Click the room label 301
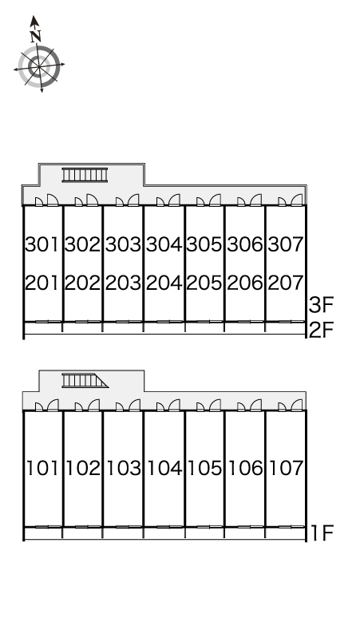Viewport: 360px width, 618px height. pyautogui.click(x=42, y=244)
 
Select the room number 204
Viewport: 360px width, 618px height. pyautogui.click(x=164, y=283)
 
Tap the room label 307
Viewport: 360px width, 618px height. pyautogui.click(x=286, y=244)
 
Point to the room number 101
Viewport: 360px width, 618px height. pyautogui.click(x=42, y=468)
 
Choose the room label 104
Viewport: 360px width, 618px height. pyautogui.click(x=164, y=468)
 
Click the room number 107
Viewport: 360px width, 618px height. pyautogui.click(x=286, y=468)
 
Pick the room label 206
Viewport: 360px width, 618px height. pyautogui.click(x=244, y=283)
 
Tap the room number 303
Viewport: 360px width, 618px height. pyautogui.click(x=123, y=244)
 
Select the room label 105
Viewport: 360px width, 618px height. pyautogui.click(x=205, y=468)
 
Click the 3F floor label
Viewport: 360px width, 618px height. pyautogui.click(x=321, y=305)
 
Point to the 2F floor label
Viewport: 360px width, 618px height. pyautogui.click(x=321, y=330)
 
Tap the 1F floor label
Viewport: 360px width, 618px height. pyautogui.click(x=322, y=533)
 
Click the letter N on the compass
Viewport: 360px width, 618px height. pyautogui.click(x=36, y=37)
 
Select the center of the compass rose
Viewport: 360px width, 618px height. pyautogui.click(x=39, y=66)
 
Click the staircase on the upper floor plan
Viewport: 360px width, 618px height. pyautogui.click(x=85, y=175)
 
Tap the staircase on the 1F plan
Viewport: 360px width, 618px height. pyautogui.click(x=85, y=381)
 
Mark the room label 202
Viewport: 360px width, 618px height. pyautogui.click(x=82, y=283)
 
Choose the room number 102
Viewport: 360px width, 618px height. pyautogui.click(x=83, y=468)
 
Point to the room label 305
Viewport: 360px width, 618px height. pyautogui.click(x=204, y=244)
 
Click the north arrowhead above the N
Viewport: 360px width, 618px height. pyautogui.click(x=34, y=21)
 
